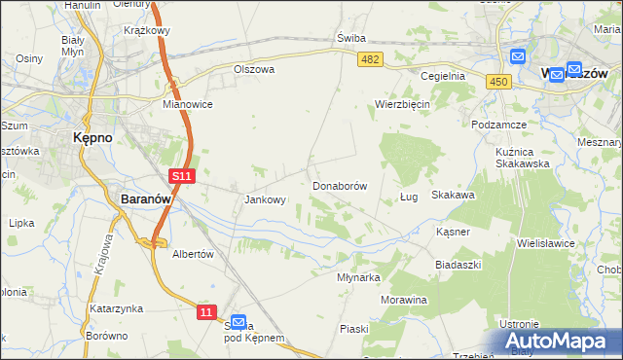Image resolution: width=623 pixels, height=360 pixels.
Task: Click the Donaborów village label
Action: tap(340, 185)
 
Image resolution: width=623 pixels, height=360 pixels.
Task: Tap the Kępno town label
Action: tap(92, 138)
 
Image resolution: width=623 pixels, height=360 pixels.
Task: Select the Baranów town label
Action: tap(146, 198)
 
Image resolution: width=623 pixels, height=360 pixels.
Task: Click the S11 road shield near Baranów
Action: tap(182, 175)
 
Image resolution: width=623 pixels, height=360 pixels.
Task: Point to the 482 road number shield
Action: tap(370, 60)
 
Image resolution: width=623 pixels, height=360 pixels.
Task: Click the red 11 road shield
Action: tap(205, 311)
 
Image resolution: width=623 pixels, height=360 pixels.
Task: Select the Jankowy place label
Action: tap(264, 200)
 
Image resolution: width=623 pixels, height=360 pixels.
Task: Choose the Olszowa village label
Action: tap(254, 70)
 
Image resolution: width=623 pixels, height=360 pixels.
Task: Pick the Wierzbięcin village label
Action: tap(403, 104)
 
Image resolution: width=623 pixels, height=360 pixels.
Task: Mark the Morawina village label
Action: tap(404, 300)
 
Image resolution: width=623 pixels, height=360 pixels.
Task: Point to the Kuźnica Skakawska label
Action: tap(523, 155)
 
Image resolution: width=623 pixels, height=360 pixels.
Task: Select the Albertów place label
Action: tap(192, 253)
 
